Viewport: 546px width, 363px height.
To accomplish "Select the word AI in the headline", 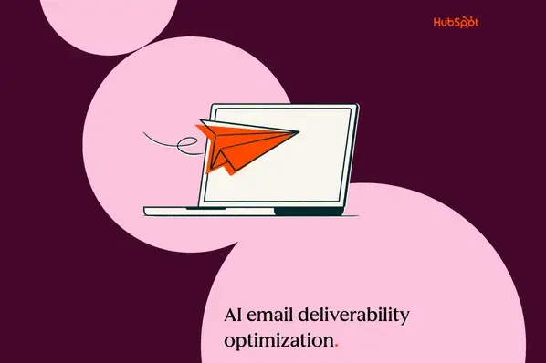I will (x=235, y=315).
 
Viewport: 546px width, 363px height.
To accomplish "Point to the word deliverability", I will (x=359, y=316).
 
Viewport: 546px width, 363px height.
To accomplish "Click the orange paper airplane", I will (x=242, y=144).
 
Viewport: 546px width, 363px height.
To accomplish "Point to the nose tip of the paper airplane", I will (x=299, y=133).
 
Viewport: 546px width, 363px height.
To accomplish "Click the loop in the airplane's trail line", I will (x=189, y=142).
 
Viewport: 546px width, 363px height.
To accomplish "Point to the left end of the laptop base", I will (x=147, y=212).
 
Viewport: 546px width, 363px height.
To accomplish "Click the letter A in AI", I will (x=230, y=315).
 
